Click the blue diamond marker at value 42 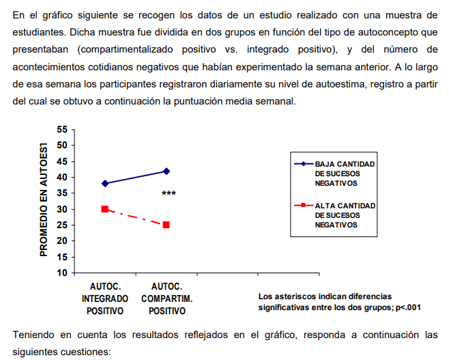166,171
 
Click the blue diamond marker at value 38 105,183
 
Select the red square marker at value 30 105,209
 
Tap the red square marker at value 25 166,225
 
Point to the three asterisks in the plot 169,194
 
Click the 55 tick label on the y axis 63,130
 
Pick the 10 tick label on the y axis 63,273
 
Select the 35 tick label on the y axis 63,193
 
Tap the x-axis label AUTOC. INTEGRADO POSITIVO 105,299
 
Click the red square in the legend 302,205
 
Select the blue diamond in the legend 302,164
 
